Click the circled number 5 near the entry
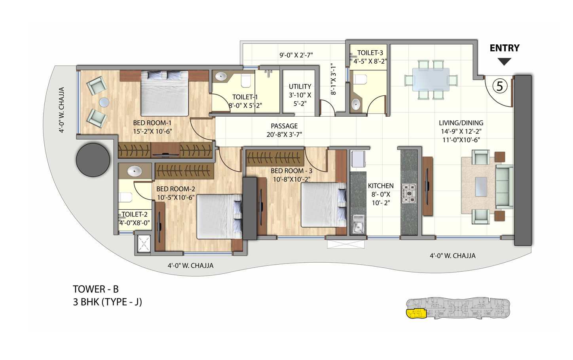[x=500, y=86]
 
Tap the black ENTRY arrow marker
[x=504, y=62]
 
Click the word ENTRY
[x=504, y=48]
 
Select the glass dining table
[x=431, y=79]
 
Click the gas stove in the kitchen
[x=409, y=193]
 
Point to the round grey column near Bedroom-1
[x=93, y=160]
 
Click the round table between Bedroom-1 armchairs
[x=104, y=102]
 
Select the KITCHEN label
[x=381, y=186]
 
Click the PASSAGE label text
[x=284, y=126]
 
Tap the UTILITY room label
[x=300, y=86]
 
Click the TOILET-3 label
[x=370, y=53]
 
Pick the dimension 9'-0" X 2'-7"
[x=296, y=55]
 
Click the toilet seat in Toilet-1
[x=246, y=81]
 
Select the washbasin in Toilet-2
[x=134, y=171]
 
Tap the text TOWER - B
[x=96, y=289]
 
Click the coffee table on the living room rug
[x=481, y=187]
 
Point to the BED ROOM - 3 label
[x=291, y=171]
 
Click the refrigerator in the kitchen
[x=358, y=159]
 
